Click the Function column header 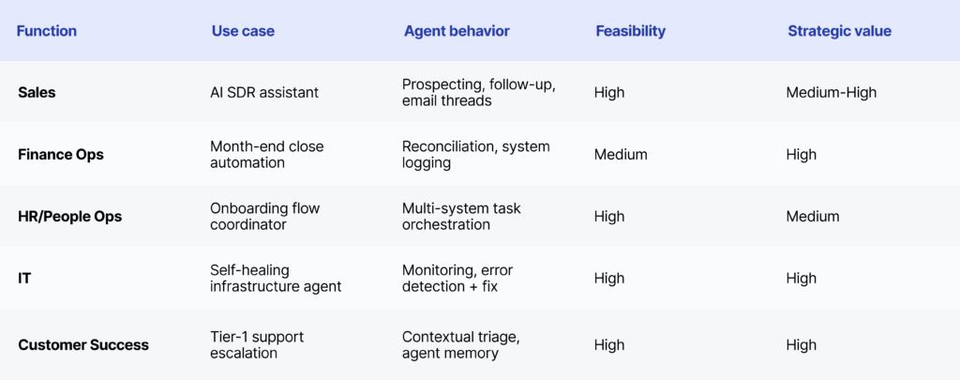click(x=47, y=31)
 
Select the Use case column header click(x=243, y=31)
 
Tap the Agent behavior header click(x=457, y=31)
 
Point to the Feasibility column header click(x=631, y=31)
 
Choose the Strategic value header click(x=839, y=31)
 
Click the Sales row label click(x=37, y=93)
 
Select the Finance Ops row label click(x=61, y=155)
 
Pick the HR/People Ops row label click(x=69, y=217)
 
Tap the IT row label click(x=24, y=279)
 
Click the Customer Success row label click(x=83, y=345)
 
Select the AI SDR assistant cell click(x=264, y=93)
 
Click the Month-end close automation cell click(x=267, y=155)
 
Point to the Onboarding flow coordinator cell click(x=265, y=217)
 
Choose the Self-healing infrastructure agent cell click(x=276, y=279)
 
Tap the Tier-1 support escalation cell click(x=257, y=345)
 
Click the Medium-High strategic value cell click(x=832, y=93)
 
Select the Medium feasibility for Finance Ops click(x=621, y=155)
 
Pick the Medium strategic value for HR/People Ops click(x=813, y=217)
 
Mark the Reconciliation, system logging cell click(x=475, y=155)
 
